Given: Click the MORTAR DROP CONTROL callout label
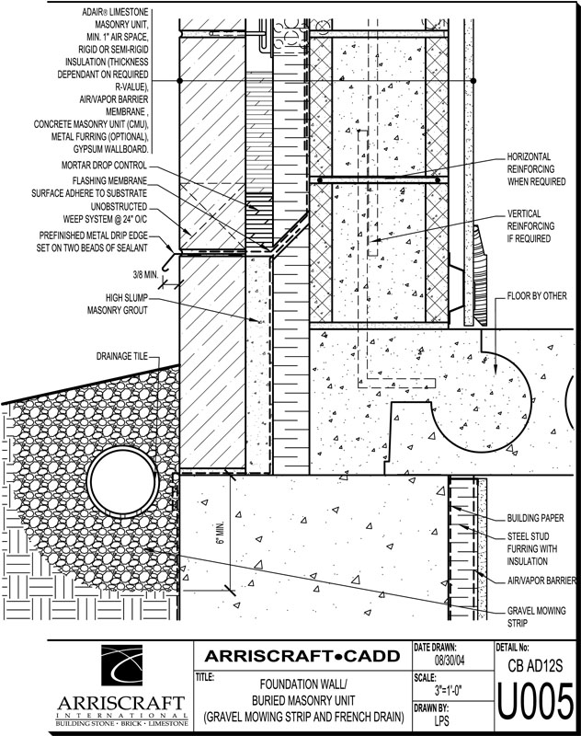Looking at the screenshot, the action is [x=104, y=166].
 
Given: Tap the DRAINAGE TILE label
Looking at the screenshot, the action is [x=122, y=357].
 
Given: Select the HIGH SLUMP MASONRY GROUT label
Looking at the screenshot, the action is [x=118, y=304].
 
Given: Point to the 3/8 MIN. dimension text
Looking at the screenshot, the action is [x=145, y=275].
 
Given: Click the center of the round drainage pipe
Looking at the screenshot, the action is [x=123, y=480].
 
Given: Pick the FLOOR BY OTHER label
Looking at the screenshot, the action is [x=537, y=296].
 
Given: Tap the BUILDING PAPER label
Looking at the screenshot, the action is [x=536, y=518].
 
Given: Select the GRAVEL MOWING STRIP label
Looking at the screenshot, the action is [x=537, y=616].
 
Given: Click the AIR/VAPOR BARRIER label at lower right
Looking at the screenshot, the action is [x=541, y=581].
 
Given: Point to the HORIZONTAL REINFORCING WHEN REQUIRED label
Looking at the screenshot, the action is [x=537, y=169].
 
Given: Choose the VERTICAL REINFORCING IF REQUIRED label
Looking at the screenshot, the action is [x=530, y=225].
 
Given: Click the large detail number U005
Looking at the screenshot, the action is [x=535, y=702].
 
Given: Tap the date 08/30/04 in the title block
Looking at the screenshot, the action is [x=450, y=661].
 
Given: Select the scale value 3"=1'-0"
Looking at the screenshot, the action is [x=449, y=691].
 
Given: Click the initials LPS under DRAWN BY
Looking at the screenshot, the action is [x=441, y=720].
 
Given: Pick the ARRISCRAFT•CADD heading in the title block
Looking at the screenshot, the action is [x=302, y=656].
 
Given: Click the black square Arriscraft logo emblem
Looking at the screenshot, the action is [x=122, y=665].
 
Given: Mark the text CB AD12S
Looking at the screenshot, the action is [x=535, y=665].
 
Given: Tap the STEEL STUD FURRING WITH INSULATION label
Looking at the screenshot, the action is [x=532, y=548].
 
